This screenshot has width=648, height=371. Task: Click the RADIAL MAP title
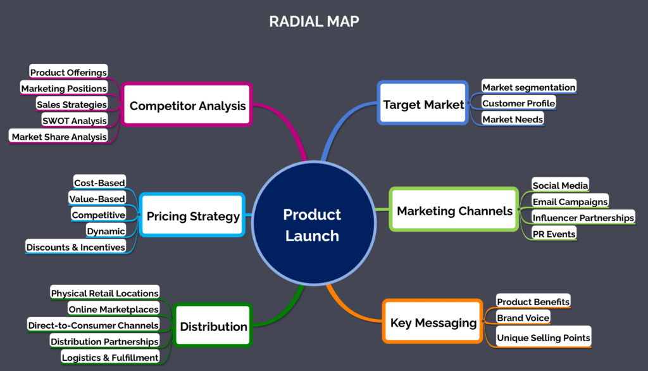point(314,22)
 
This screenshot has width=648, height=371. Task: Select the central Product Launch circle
point(312,225)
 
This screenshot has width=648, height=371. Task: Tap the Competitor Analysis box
point(187,105)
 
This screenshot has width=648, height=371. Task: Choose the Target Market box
point(423,104)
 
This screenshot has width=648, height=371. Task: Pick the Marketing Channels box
point(454,210)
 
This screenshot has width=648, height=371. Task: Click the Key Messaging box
point(433,322)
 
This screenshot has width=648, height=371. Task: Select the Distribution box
point(213,326)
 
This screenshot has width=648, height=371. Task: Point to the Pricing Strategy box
point(193,216)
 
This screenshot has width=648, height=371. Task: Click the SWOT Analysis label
point(73,120)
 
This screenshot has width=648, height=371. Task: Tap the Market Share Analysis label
point(59,136)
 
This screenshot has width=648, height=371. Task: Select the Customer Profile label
point(518,103)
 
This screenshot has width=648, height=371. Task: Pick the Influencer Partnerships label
point(583,218)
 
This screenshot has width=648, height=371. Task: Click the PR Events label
point(554,234)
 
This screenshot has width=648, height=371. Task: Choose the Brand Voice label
point(523,318)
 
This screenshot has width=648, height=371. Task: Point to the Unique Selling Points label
point(543,338)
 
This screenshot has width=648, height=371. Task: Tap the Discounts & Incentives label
point(75,247)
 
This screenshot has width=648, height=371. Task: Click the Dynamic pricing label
point(106,231)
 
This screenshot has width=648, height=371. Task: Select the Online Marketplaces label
point(113,309)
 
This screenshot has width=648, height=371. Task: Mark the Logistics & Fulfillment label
point(109,358)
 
